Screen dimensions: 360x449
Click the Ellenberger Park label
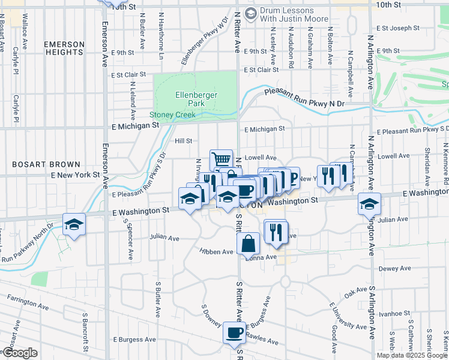click(196, 99)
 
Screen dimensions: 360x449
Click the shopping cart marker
click(221, 160)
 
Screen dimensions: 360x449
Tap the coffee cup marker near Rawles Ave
click(234, 332)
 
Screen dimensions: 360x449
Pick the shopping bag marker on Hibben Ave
click(248, 244)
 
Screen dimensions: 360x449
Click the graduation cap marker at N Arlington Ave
click(369, 203)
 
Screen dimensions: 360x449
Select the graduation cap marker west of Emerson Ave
click(74, 224)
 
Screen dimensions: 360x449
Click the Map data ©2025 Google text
click(412, 355)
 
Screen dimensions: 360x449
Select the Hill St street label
click(183, 141)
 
